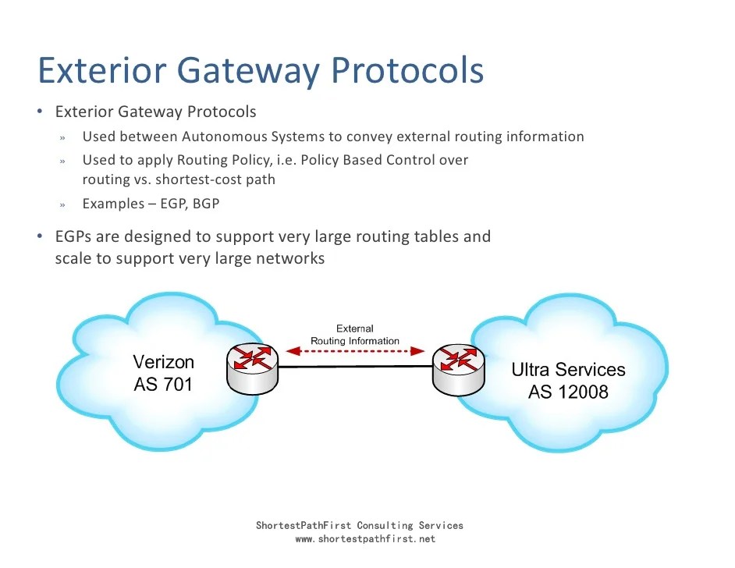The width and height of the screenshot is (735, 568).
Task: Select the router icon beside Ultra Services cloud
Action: [459, 367]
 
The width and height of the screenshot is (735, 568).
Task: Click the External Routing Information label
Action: [355, 335]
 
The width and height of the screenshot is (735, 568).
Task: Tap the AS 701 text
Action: [163, 384]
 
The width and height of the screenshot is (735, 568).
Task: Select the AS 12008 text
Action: [568, 391]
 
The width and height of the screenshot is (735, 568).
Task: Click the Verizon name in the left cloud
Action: [163, 362]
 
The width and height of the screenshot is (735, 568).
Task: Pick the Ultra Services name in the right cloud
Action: [568, 369]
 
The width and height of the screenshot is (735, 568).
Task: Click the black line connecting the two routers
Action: [355, 367]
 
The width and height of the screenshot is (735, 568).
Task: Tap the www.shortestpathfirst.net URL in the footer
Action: [365, 539]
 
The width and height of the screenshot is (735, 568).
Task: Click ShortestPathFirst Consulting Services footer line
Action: [359, 526]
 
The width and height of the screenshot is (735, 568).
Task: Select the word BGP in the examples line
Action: [207, 204]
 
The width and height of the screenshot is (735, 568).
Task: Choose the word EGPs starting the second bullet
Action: [74, 236]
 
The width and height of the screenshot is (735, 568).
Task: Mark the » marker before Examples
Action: [62, 204]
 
